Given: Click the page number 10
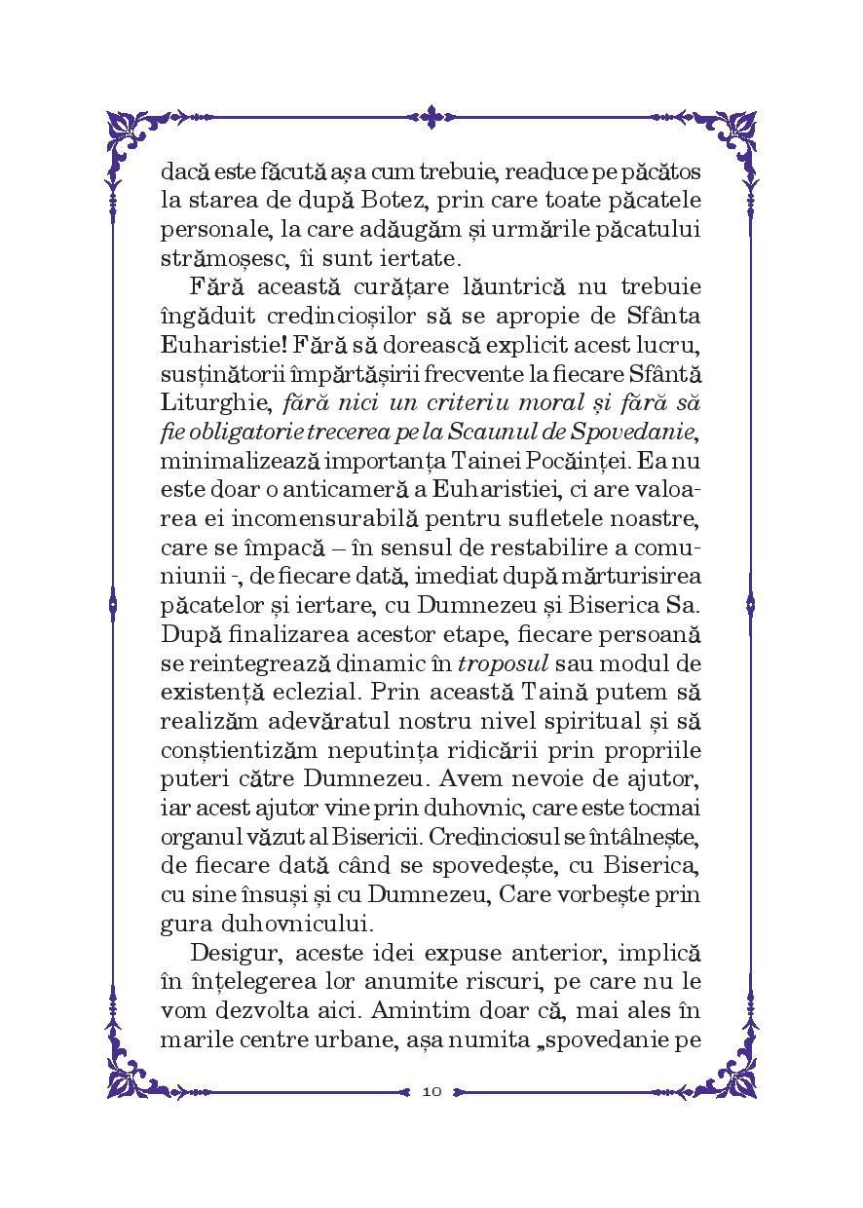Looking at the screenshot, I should [x=432, y=1091].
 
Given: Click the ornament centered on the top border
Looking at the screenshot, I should [x=432, y=114].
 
